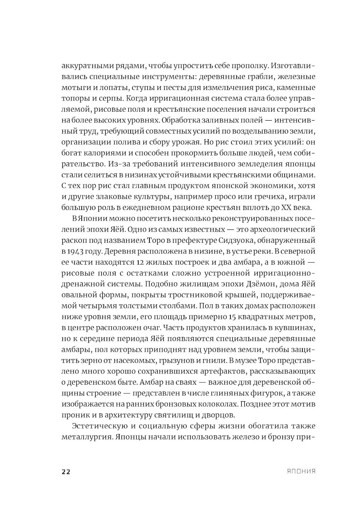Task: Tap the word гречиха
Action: point(274,197)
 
